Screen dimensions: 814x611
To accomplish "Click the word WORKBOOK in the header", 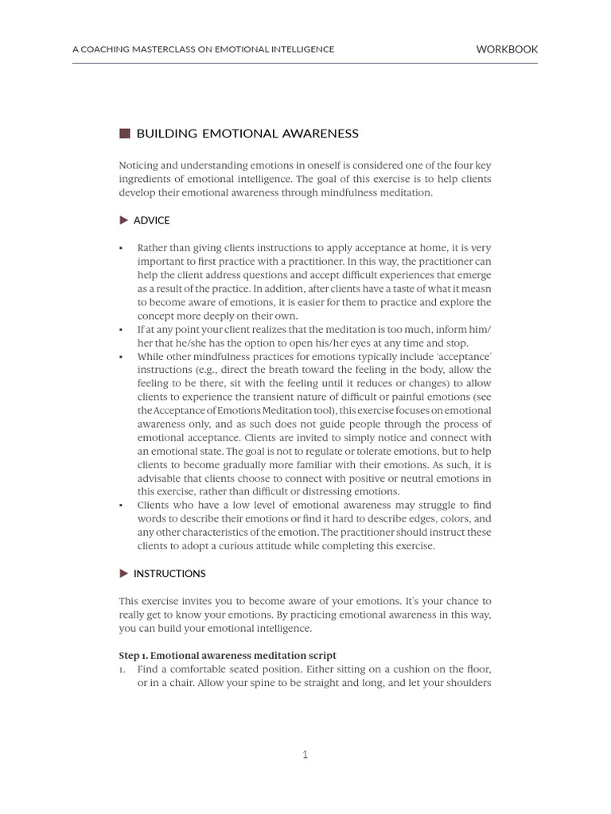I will pos(507,49).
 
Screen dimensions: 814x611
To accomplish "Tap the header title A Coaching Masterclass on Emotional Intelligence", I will pos(203,49).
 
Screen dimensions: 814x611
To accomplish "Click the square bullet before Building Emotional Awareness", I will pos(124,134).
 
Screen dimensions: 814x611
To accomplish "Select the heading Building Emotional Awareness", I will pos(247,134).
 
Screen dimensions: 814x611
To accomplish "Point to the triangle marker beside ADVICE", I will pos(123,220).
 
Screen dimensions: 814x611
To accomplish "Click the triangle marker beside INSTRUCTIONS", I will pos(123,573).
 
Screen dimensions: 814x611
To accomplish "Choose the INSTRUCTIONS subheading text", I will pos(169,573).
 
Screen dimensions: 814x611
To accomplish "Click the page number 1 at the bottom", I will pos(305,754).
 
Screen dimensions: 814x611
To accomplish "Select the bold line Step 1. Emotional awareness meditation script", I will pos(228,656).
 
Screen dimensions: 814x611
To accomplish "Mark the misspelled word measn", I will pos(475,289).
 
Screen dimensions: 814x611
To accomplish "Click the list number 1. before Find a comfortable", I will pos(123,669).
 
